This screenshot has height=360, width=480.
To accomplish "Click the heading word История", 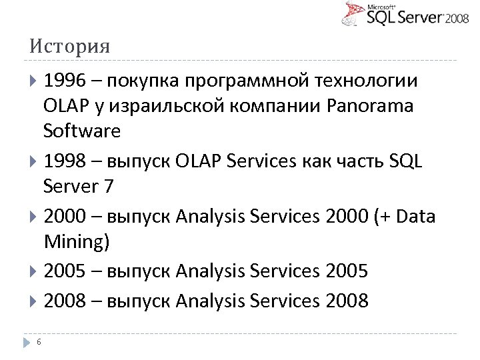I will [69, 47].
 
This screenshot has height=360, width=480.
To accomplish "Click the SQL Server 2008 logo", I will [406, 15].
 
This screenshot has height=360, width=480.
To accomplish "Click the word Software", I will [82, 131].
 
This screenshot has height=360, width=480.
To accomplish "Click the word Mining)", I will [76, 241].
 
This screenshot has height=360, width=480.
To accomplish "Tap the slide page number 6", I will [39, 342].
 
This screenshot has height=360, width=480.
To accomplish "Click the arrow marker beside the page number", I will [26, 342].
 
